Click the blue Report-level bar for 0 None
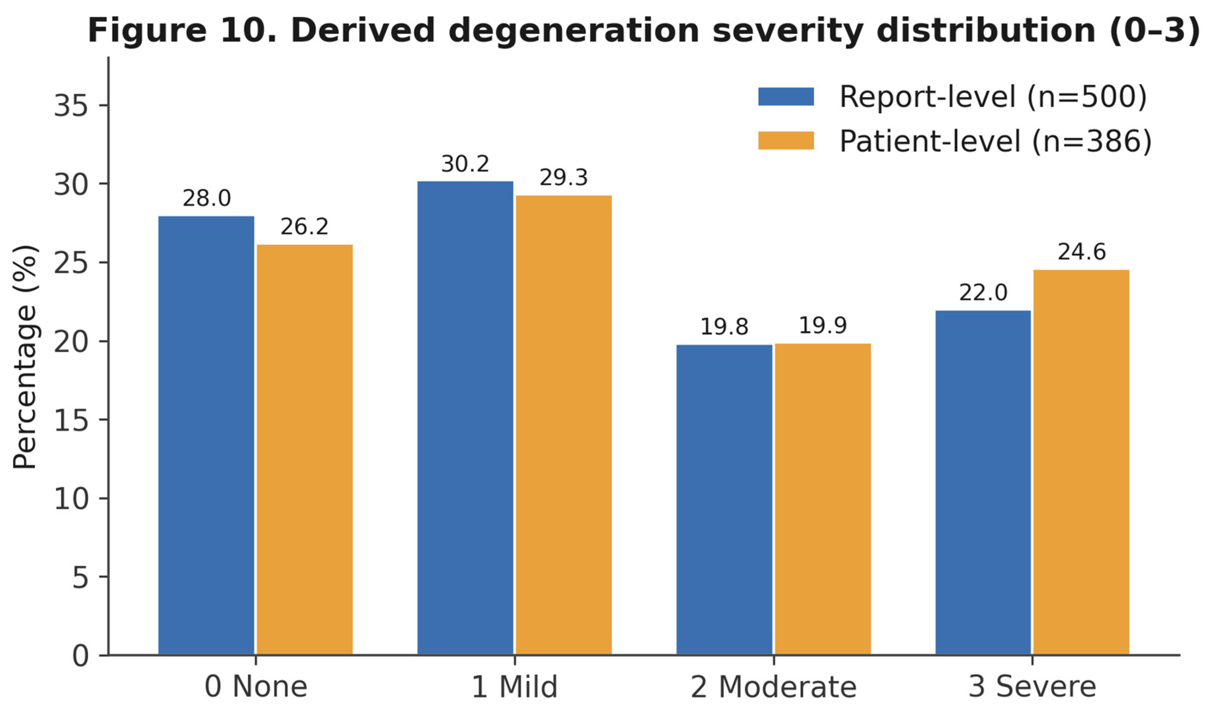click(206, 436)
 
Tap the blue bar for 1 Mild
click(465, 418)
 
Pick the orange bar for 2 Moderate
click(823, 499)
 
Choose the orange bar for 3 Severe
click(1081, 463)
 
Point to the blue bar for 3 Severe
click(983, 483)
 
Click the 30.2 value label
click(465, 164)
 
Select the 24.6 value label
click(1082, 252)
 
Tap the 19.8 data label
click(724, 327)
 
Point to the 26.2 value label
click(304, 227)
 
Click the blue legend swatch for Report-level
click(786, 97)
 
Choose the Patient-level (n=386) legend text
click(996, 141)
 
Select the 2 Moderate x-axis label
click(773, 687)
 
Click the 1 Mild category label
click(514, 687)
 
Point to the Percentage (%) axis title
click(25, 357)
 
